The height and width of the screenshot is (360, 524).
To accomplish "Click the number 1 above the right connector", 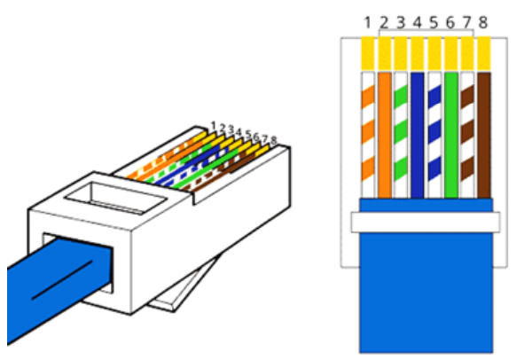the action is tap(367, 23).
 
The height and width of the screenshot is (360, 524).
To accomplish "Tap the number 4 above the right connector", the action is tap(417, 23).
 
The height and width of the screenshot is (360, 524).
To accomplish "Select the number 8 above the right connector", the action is tap(483, 23).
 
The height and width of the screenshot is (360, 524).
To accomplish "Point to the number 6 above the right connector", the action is tap(450, 23).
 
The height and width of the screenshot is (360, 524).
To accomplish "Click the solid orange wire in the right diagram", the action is tap(384, 135).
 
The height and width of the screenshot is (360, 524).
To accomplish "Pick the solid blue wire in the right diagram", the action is tap(418, 135).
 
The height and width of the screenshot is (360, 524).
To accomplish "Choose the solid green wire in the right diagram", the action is tap(451, 135).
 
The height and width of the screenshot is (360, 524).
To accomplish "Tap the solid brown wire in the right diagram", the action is tap(484, 135).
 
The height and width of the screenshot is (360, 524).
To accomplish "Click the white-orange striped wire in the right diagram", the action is tap(368, 135).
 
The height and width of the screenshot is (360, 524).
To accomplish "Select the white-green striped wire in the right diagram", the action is tap(401, 135).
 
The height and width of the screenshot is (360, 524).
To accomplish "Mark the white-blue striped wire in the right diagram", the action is tap(434, 135).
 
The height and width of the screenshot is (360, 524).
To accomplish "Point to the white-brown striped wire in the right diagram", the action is tap(467, 135).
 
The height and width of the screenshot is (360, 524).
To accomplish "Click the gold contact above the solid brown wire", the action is tap(484, 53).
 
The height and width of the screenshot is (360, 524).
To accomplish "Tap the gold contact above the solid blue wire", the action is tap(418, 53).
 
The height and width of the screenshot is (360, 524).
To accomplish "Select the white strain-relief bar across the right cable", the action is tap(426, 222).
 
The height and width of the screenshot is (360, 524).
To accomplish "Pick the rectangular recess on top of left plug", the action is tap(116, 198).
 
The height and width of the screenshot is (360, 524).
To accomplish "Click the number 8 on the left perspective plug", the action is tap(273, 141).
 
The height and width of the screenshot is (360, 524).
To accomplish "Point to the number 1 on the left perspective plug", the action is tap(214, 126).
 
